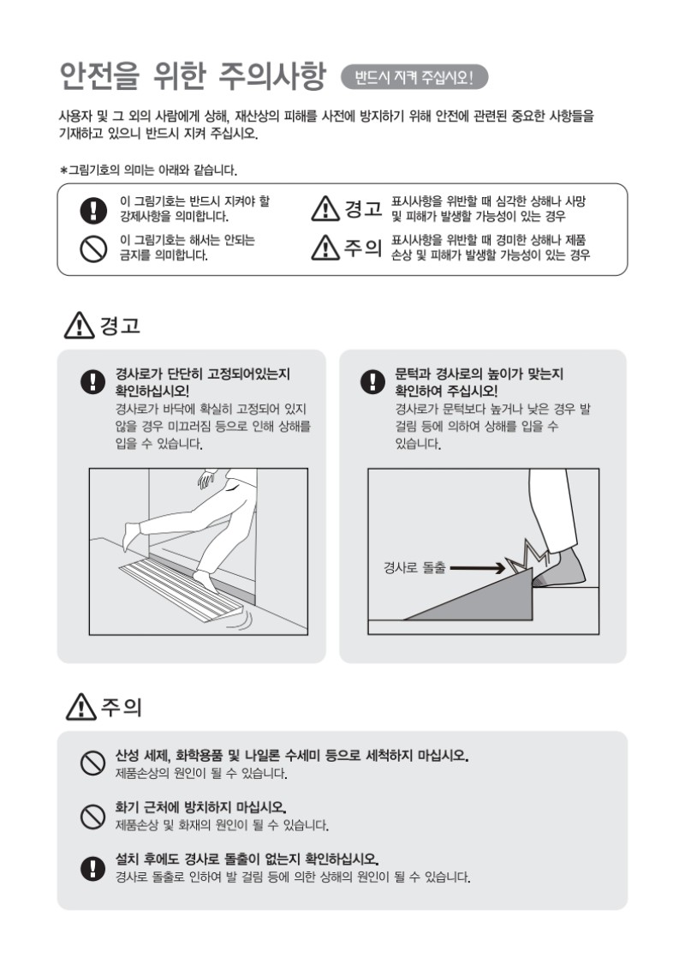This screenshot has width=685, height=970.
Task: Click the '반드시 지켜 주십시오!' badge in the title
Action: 414,77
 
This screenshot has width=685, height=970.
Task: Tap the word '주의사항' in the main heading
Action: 272,76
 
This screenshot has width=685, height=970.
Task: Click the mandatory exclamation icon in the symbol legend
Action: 93,210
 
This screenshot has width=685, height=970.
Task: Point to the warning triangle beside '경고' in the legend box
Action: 325,208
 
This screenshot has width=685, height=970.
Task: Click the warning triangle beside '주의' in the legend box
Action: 325,248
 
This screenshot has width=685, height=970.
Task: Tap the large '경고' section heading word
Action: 121,326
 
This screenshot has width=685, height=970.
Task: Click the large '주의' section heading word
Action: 122,706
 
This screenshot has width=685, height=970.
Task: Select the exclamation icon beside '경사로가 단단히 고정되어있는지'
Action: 92,381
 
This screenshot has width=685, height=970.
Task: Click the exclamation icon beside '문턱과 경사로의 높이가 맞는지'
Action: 372,381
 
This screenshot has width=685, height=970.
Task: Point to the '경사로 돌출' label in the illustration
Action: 414,567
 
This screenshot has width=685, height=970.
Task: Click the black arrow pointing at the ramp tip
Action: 478,568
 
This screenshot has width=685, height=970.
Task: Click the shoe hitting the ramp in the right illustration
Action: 558,568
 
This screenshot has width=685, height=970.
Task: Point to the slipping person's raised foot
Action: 132,535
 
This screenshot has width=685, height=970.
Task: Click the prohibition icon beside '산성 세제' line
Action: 92,763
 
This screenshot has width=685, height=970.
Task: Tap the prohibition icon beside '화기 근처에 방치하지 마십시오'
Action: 92,816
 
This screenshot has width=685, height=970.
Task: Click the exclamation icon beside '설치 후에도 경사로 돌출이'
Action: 92,868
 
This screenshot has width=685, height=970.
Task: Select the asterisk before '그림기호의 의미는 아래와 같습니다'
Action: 63,170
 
